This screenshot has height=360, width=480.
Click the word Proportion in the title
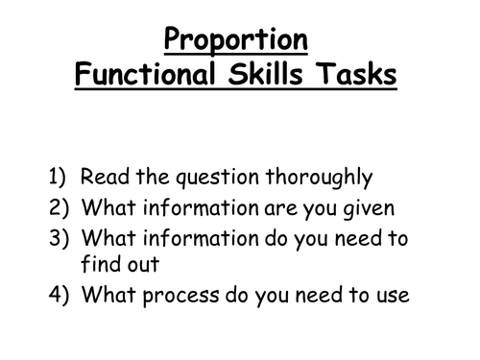(x=236, y=40)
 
